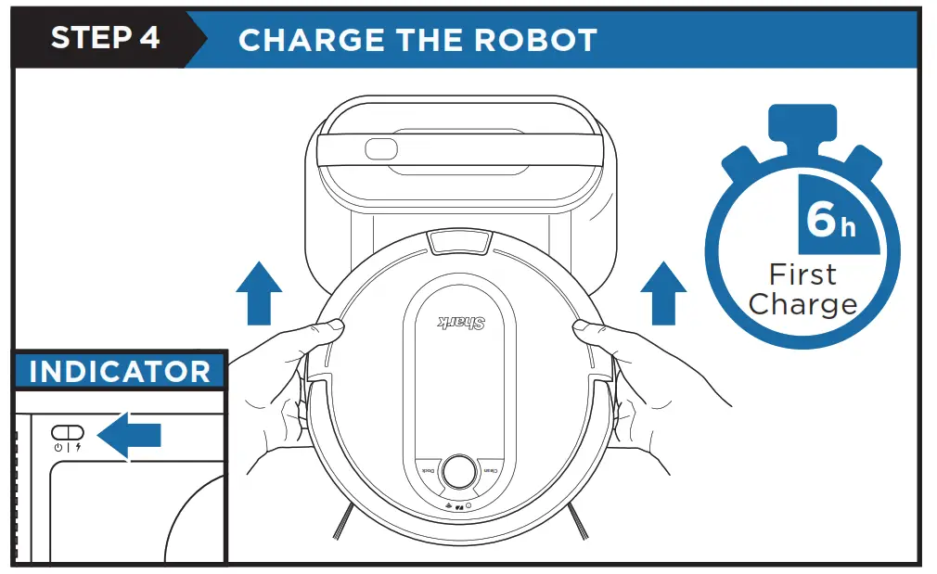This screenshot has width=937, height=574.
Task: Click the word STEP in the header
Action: [x=87, y=38]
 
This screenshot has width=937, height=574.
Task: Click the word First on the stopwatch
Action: [x=802, y=274]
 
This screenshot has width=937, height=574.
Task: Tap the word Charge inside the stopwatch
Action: [x=802, y=304]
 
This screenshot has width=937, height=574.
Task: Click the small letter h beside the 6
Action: [x=848, y=227]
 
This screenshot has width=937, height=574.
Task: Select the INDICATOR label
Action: [x=120, y=372]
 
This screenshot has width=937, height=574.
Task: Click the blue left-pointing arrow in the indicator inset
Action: [x=131, y=434]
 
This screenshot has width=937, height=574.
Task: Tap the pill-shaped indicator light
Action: [x=68, y=432]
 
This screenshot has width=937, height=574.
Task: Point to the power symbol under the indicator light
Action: [x=58, y=447]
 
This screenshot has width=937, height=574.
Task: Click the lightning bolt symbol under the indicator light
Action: [x=78, y=447]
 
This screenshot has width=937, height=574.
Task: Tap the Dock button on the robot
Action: [x=428, y=471]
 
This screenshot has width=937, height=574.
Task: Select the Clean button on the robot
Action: [x=489, y=471]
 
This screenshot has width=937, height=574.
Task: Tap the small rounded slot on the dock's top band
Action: [x=381, y=149]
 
